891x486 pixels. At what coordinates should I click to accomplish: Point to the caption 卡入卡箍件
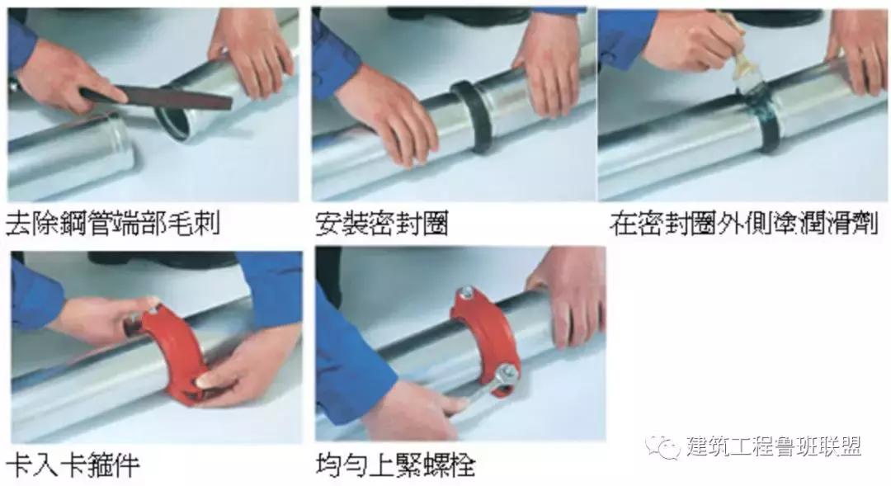tap(73, 465)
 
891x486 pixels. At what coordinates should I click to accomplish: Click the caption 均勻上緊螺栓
tap(394, 465)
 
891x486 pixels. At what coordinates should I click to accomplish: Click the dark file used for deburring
tap(157, 100)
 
